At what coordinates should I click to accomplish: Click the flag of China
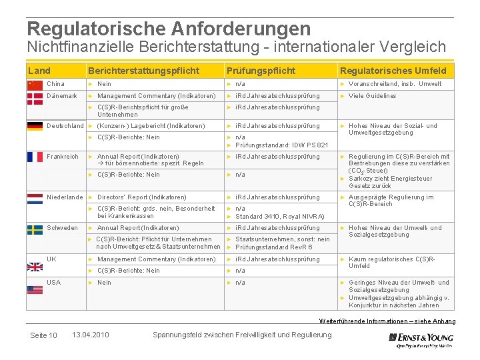pos(35,85)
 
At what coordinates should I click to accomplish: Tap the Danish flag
pos(35,98)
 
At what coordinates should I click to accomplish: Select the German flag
pos(35,126)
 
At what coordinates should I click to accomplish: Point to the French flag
pos(35,157)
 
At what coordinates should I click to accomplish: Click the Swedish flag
pos(35,229)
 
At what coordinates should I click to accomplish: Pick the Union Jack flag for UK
pos(35,266)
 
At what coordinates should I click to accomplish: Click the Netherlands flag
pos(35,199)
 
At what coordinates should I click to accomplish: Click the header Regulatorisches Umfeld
pos(393,71)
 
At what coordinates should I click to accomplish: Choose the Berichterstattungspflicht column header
pos(143,71)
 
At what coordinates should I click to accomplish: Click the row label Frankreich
pos(63,157)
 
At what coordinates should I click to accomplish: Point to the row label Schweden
pos(62,228)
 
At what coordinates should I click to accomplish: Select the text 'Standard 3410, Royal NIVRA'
pos(280,216)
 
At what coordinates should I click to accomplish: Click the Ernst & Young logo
pos(421,339)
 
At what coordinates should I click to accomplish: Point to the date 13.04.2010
pos(90,335)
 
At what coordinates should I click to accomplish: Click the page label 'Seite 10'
pos(43,335)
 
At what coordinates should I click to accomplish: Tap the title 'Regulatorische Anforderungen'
pos(169,29)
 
